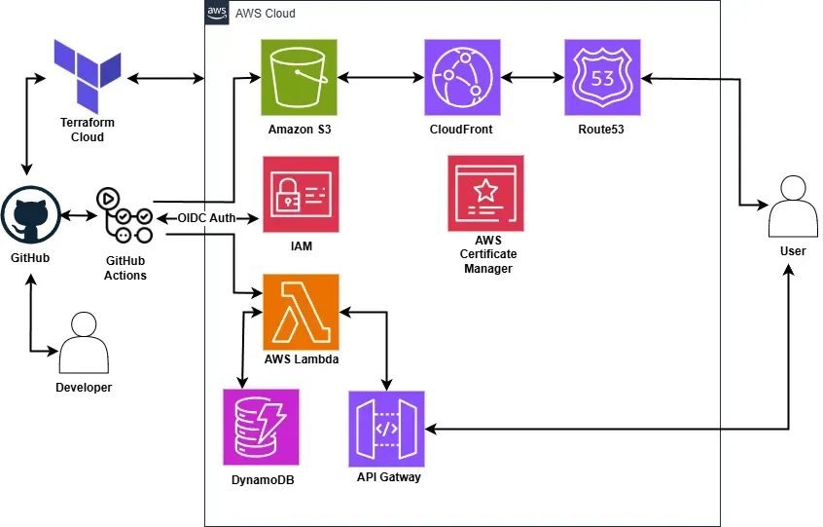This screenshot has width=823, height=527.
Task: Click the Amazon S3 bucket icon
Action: click(299, 77)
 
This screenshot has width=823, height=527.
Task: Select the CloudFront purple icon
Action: click(463, 77)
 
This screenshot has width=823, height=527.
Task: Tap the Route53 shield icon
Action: click(602, 77)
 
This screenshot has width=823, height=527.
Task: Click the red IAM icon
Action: click(302, 194)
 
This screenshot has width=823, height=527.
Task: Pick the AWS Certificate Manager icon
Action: click(485, 193)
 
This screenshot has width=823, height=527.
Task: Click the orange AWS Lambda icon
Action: click(301, 312)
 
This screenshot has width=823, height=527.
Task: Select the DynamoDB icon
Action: click(260, 427)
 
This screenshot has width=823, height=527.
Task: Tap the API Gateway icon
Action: click(387, 429)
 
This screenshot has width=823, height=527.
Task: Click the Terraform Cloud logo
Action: click(88, 78)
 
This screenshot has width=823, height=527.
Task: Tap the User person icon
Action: click(792, 207)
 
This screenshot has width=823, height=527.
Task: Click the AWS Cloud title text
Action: click(266, 14)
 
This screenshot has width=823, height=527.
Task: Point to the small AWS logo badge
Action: click(217, 13)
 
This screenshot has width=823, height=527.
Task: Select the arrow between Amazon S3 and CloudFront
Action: click(380, 76)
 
